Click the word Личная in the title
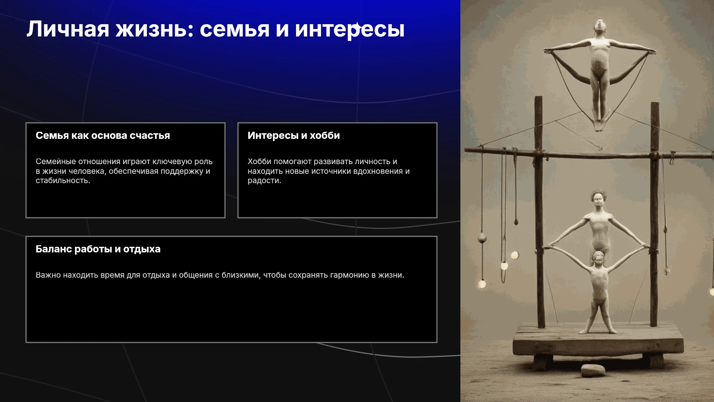(68, 29)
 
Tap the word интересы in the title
(350, 30)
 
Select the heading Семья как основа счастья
(103, 135)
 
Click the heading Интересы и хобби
(294, 135)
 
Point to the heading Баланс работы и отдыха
(98, 249)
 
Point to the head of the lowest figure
(598, 258)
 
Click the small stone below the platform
(593, 370)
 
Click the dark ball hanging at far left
(482, 237)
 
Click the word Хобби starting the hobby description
(260, 162)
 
